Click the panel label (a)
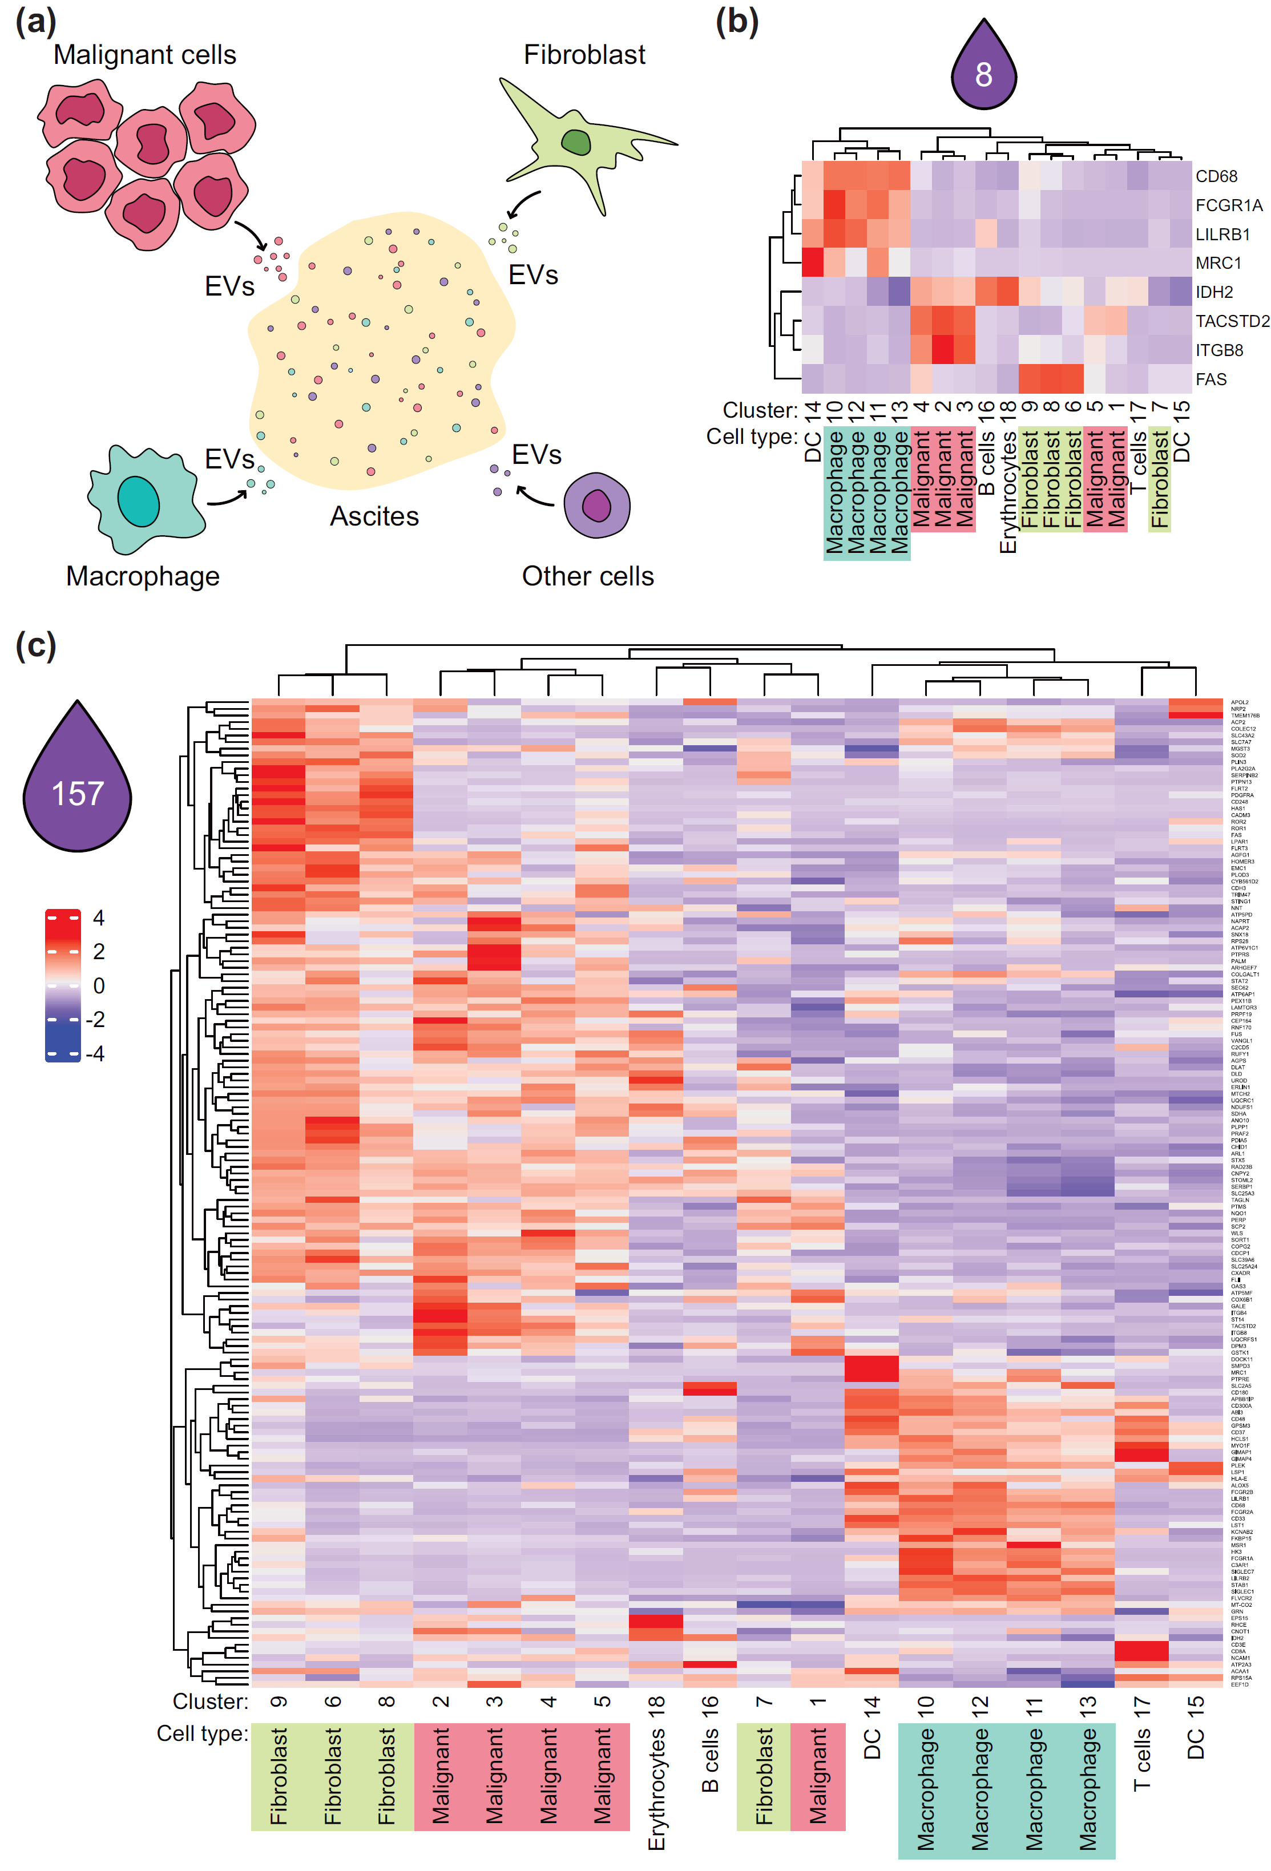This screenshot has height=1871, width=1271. [x=35, y=22]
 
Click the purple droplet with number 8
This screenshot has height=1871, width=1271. [x=983, y=68]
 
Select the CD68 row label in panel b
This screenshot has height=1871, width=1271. [x=1216, y=176]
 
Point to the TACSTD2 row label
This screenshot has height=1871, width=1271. [x=1232, y=321]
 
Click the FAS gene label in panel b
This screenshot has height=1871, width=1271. [x=1211, y=379]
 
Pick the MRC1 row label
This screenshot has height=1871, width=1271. [x=1218, y=263]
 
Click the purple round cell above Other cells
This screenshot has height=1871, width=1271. [x=596, y=506]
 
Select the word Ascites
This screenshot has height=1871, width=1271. [x=374, y=516]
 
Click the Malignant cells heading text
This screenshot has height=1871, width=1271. [x=145, y=55]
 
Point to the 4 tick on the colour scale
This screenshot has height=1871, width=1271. [x=98, y=918]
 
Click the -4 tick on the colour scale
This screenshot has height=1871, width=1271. [x=95, y=1053]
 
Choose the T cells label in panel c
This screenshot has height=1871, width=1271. [x=1141, y=1763]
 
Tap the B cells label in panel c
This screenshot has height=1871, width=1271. [x=709, y=1763]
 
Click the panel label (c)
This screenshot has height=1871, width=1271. [x=35, y=646]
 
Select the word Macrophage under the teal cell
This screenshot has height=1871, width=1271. [x=143, y=576]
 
